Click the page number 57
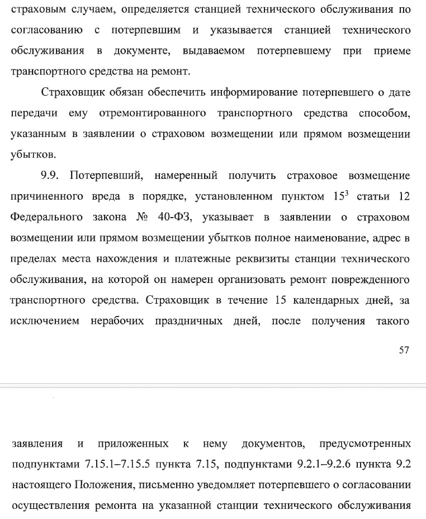pyautogui.click(x=404, y=350)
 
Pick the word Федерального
pyautogui.click(x=47, y=217)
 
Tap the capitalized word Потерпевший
pyautogui.click(x=105, y=176)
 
